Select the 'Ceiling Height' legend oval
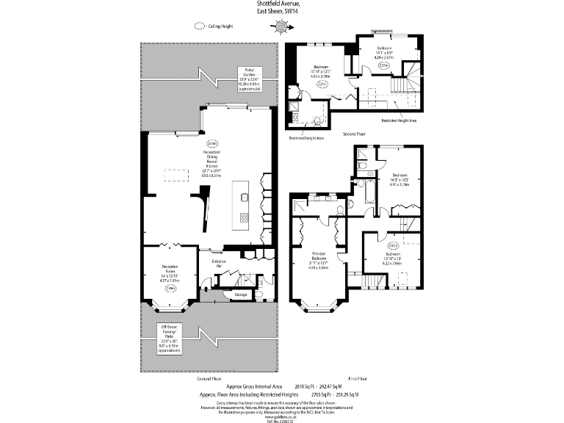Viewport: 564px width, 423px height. coord(199,26)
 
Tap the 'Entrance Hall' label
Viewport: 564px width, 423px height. coord(218,263)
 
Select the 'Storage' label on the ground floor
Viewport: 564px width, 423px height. coord(240,294)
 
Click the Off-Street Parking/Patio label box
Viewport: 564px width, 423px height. coord(170,339)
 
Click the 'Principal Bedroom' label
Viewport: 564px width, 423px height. coord(319,258)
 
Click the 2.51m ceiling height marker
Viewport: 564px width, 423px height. coord(393,245)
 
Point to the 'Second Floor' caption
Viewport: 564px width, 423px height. coord(355,134)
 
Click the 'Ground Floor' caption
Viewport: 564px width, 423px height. coord(209,379)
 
